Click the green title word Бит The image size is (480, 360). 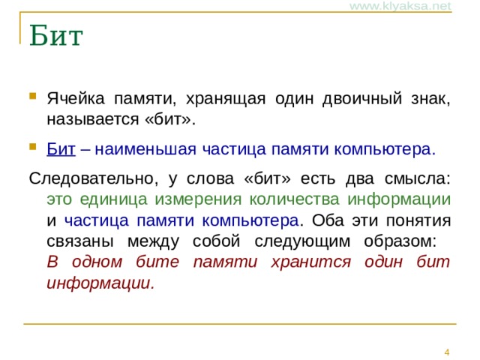click(x=56, y=35)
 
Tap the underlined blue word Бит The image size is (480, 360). click(x=61, y=149)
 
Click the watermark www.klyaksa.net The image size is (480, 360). click(x=400, y=6)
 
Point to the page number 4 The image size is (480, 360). click(x=447, y=352)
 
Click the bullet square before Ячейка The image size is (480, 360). click(x=33, y=96)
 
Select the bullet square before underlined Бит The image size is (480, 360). click(x=33, y=147)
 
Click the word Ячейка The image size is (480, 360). click(x=76, y=98)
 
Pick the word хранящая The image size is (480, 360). click(x=226, y=99)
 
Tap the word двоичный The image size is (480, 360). click(x=362, y=98)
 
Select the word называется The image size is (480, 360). click(x=93, y=119)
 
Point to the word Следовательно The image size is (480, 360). click(x=94, y=178)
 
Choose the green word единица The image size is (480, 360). click(x=113, y=199)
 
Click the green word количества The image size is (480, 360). click(x=295, y=199)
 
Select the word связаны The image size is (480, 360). click(x=80, y=241)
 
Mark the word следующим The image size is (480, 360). click(x=302, y=241)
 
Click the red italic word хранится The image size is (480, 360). click(x=311, y=262)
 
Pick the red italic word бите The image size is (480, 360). click(x=157, y=262)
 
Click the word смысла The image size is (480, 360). click(x=418, y=178)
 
